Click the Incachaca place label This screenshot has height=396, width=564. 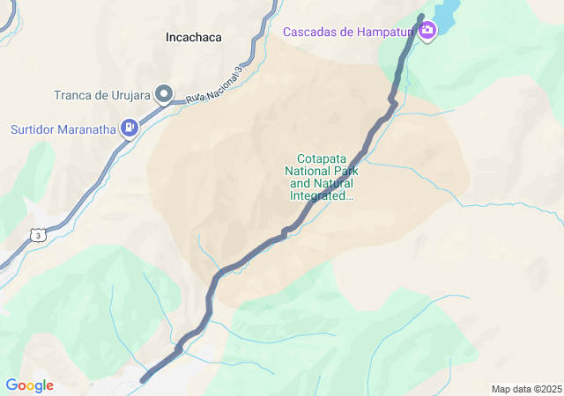tap(193, 38)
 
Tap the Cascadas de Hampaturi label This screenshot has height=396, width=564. tap(349, 33)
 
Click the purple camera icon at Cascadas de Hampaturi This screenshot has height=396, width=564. tap(427, 33)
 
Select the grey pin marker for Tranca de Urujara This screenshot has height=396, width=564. tap(164, 93)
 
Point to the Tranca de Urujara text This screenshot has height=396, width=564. tap(102, 95)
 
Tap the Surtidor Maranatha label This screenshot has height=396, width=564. tap(63, 129)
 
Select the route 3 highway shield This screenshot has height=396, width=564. tap(37, 234)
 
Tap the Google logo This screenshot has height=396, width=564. tap(29, 385)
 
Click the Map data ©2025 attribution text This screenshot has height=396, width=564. tap(525, 389)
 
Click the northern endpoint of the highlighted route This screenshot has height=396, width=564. tap(420, 18)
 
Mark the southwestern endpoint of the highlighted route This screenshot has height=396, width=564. tap(144, 379)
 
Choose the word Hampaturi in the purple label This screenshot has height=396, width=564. tap(387, 33)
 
